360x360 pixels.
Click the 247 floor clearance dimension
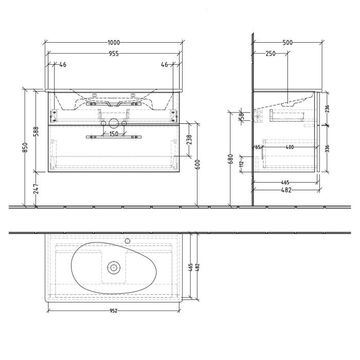[x=37, y=189]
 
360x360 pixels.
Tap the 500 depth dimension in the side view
[x=287, y=43]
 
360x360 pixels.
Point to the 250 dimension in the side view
[x=271, y=53]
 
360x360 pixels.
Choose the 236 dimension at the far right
[x=327, y=109]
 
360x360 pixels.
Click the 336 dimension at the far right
[x=327, y=149]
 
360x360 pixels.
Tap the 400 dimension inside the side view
[x=290, y=148]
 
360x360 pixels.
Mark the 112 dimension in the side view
[x=241, y=163]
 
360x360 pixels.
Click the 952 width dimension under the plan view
[x=113, y=310]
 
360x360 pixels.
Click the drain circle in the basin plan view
[x=113, y=267]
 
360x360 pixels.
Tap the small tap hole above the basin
[x=128, y=240]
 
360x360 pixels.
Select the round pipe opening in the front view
[x=113, y=124]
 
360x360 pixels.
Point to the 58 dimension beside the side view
[x=241, y=118]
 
